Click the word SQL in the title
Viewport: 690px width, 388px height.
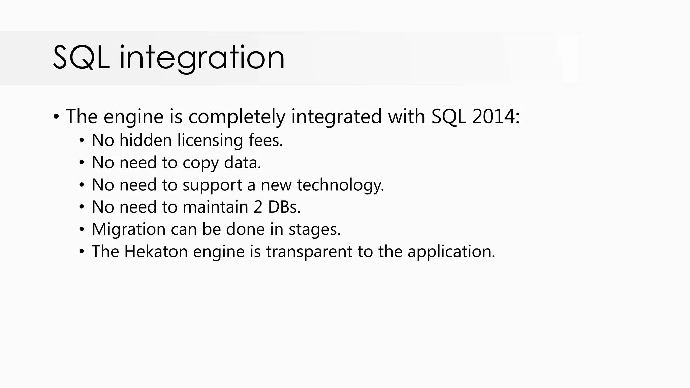tap(81, 58)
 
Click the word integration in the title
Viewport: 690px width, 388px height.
tap(202, 58)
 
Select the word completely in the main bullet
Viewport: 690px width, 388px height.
tap(237, 117)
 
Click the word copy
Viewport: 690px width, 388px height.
tap(200, 163)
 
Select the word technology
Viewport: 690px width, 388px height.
tap(340, 185)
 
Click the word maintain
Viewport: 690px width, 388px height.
tap(215, 207)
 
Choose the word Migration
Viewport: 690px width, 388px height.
tap(128, 230)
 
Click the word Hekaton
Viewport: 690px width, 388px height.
tap(156, 252)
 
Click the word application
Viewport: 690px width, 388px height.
tap(451, 252)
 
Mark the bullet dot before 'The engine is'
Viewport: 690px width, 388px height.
tap(56, 117)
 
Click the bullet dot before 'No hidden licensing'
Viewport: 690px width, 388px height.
tap(82, 141)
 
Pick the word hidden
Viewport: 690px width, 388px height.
tap(146, 140)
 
